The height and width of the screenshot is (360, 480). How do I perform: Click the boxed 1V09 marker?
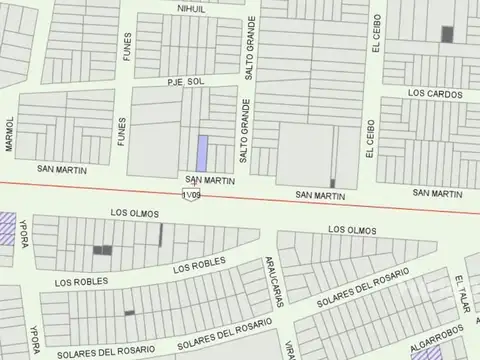click(x=192, y=195)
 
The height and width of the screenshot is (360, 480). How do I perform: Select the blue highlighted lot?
click(x=201, y=152)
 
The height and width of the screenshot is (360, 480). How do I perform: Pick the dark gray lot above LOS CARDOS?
click(x=447, y=34)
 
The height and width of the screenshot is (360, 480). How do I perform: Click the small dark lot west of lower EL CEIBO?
click(x=333, y=182)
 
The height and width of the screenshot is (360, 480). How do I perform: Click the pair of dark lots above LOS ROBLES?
click(x=102, y=250)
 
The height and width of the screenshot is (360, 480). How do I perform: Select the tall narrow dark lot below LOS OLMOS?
click(x=160, y=235)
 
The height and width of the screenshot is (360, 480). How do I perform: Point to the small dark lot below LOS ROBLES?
click(x=129, y=313)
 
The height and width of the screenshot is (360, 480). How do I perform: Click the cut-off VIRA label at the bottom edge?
click(x=288, y=350)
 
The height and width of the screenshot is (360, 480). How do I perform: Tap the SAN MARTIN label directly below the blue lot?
click(x=211, y=180)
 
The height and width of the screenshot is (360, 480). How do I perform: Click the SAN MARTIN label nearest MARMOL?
click(x=56, y=168)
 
